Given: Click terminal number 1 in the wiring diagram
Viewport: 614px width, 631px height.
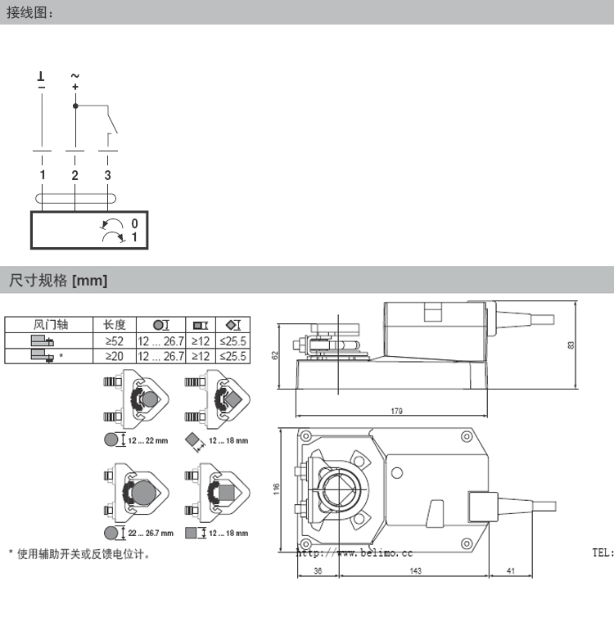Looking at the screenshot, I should (42, 175).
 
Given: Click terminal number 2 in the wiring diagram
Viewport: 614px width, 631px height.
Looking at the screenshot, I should (74, 175).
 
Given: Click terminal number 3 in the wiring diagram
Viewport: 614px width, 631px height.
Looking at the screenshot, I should (107, 175).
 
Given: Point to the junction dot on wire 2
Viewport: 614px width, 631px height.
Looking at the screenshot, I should (75, 106).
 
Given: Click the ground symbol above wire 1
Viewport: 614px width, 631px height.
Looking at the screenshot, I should (42, 78).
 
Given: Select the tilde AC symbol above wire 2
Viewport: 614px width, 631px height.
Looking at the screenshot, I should (75, 76).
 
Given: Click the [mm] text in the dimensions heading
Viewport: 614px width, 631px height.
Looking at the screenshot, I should (90, 281).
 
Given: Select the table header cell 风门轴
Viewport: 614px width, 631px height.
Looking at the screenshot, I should (47, 325).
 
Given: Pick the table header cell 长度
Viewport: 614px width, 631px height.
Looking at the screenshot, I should (115, 325).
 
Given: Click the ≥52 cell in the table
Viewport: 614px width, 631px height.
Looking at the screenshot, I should (115, 340).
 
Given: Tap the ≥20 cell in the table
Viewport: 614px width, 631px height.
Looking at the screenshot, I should (115, 356).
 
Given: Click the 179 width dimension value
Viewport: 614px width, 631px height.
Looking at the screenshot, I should (396, 411).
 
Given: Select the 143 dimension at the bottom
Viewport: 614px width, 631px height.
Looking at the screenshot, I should (414, 570).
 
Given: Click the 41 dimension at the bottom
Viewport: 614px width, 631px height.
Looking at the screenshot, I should (510, 570).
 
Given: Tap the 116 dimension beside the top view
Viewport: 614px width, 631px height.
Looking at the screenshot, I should (277, 489).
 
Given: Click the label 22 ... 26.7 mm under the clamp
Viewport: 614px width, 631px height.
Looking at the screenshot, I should (150, 533).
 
